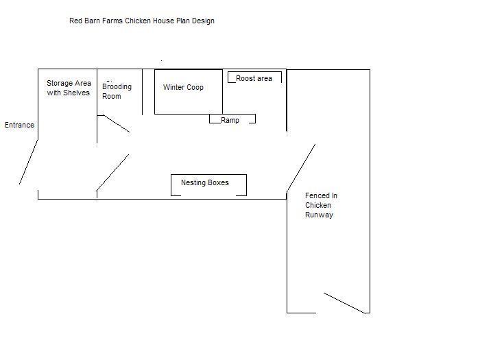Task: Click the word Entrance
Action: click(x=20, y=125)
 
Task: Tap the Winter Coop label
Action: click(x=183, y=87)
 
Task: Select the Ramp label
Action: click(x=230, y=120)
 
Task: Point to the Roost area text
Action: click(x=254, y=78)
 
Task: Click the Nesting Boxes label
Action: click(x=205, y=183)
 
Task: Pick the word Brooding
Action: click(x=117, y=87)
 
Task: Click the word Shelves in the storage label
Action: click(x=76, y=93)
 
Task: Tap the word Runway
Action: click(x=319, y=215)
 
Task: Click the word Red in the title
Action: click(x=74, y=21)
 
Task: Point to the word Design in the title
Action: click(x=203, y=21)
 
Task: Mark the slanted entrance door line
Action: click(x=29, y=162)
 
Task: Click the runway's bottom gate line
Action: click(x=345, y=303)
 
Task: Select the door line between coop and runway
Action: click(x=301, y=167)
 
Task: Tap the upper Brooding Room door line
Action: click(x=117, y=123)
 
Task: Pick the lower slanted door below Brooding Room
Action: click(x=112, y=173)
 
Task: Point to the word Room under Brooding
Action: click(x=111, y=96)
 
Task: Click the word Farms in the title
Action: click(x=112, y=21)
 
